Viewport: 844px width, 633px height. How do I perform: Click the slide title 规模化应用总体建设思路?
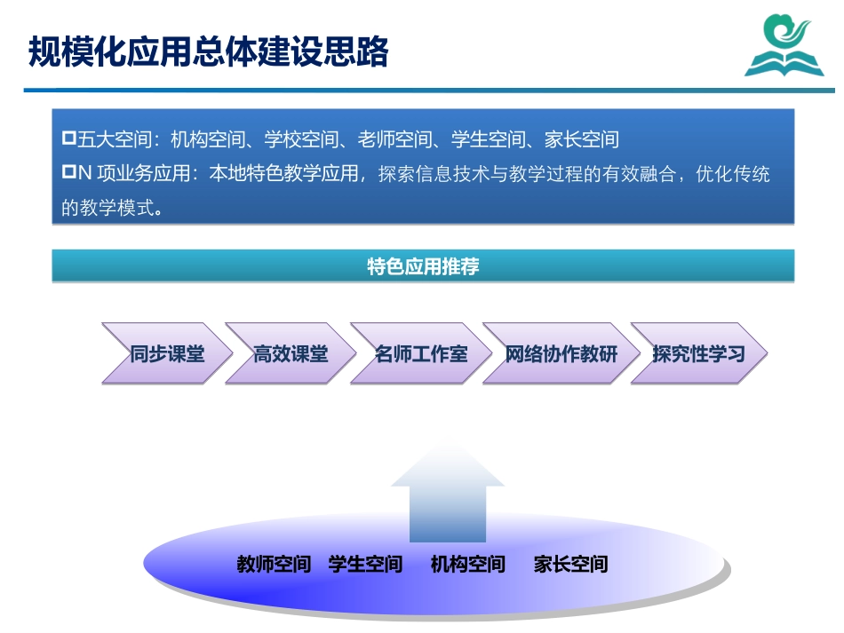point(208,51)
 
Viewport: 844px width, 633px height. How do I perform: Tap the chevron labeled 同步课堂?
point(167,354)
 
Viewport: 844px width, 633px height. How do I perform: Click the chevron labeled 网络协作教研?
point(561,354)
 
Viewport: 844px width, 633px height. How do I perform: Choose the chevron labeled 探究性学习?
point(698,354)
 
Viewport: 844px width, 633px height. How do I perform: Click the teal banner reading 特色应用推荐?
point(423,266)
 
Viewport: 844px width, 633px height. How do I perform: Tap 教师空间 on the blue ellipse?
point(274,564)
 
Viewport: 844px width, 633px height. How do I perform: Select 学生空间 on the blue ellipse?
point(365,564)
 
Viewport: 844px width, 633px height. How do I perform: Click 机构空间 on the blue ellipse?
point(467,564)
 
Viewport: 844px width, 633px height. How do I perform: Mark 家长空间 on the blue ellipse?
point(570,564)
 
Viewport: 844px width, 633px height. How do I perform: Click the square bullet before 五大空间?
point(68,139)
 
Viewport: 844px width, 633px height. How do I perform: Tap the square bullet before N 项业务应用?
point(68,173)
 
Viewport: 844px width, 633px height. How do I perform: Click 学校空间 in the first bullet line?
point(301,139)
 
